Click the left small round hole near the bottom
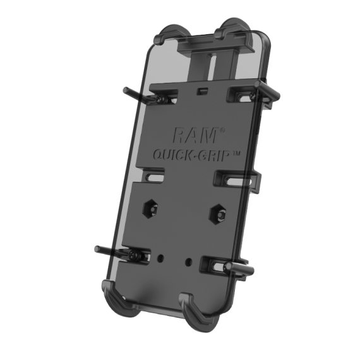pos(162,258)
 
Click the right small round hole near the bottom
pos(189,260)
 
